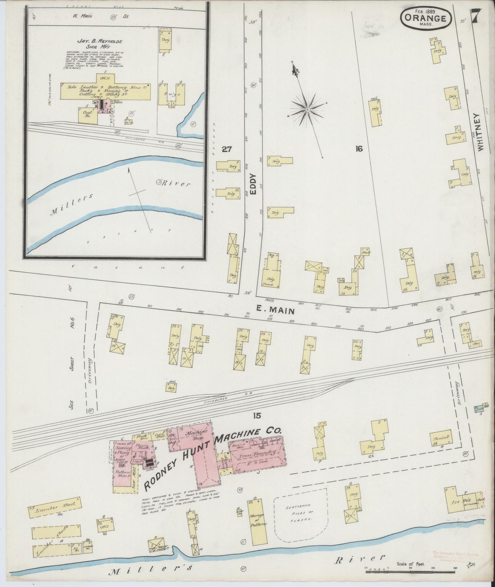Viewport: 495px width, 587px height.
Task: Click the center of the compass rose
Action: pos(307,109)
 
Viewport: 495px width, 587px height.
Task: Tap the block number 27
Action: pos(227,149)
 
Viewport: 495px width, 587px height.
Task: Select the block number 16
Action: pos(359,149)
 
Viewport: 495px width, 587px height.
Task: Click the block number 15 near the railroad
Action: pos(257,416)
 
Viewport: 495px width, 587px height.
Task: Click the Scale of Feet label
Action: pos(410,563)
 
